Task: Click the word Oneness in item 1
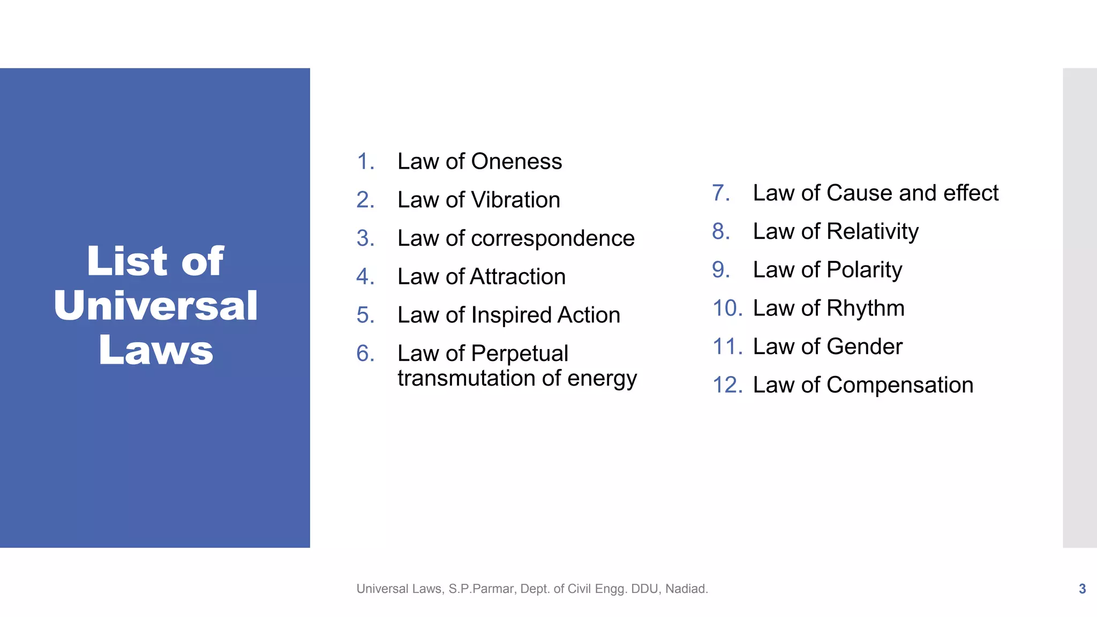coord(516,161)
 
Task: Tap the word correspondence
coord(552,238)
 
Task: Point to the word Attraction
coord(517,277)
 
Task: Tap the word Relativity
coord(873,231)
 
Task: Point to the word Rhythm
coord(865,308)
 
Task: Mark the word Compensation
coord(899,385)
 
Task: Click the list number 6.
coord(365,353)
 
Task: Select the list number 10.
coord(727,308)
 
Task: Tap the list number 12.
coord(727,385)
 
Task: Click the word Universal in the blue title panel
coord(155,305)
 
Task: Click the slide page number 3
coord(1082,589)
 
